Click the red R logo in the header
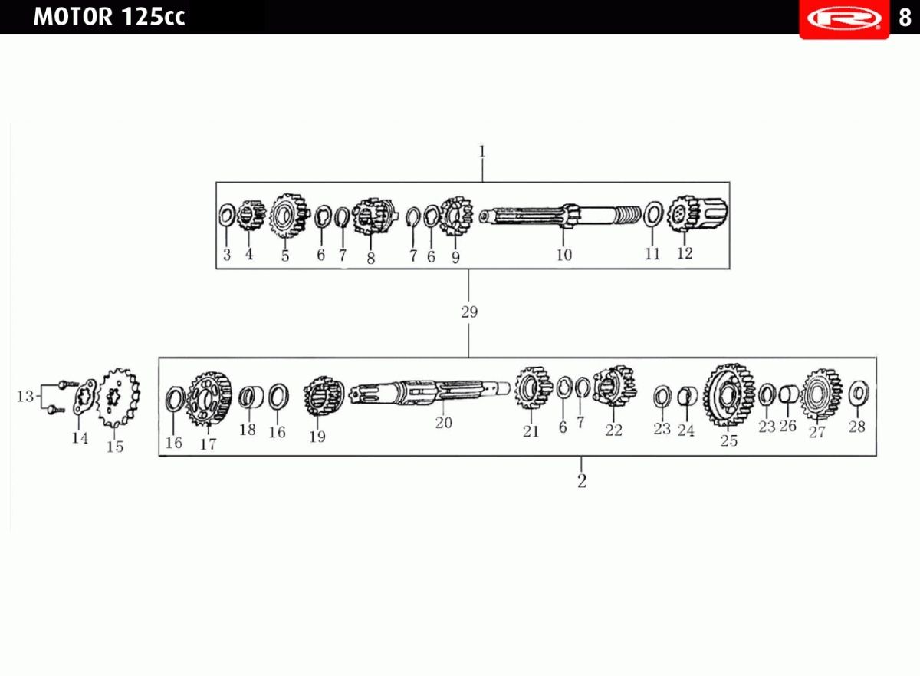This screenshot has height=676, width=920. (x=844, y=18)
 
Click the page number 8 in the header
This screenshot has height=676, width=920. (x=905, y=18)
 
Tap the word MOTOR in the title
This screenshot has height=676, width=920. (x=73, y=17)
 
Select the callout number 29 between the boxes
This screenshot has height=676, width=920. (x=469, y=312)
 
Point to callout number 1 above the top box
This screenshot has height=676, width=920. (x=482, y=152)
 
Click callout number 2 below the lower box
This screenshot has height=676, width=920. (x=582, y=481)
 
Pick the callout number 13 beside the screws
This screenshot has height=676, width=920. (x=25, y=397)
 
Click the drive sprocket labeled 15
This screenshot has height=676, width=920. (x=118, y=398)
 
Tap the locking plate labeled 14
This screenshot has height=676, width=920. (x=85, y=397)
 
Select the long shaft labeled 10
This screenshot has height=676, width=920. (x=560, y=215)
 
